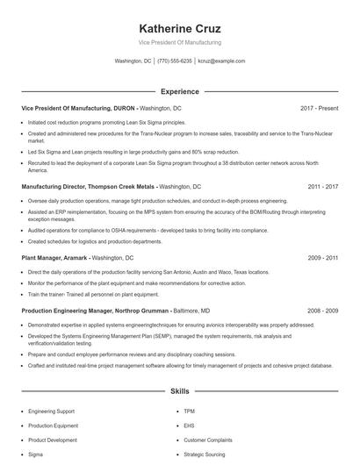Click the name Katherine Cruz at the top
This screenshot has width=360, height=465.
tap(179, 28)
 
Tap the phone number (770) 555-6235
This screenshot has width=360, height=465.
tap(175, 61)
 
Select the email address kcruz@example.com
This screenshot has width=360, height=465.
tap(221, 61)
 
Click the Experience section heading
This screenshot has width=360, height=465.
tap(179, 91)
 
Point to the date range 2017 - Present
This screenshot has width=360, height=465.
tap(319, 108)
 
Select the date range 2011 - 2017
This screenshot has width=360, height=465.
tap(322, 187)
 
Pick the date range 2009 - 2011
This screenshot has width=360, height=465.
tap(322, 259)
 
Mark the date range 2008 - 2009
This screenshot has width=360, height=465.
tap(322, 311)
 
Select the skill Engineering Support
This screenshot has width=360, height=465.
tap(53, 411)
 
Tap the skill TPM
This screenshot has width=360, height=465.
tap(189, 411)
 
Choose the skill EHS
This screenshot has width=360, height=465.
tap(189, 426)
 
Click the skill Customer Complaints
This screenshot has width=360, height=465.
tap(208, 440)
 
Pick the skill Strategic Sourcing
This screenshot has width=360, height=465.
tap(205, 454)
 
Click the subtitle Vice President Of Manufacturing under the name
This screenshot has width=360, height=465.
tap(179, 42)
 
